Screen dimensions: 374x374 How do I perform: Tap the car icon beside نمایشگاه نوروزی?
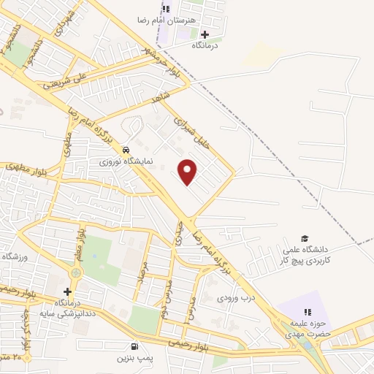point(127,145)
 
